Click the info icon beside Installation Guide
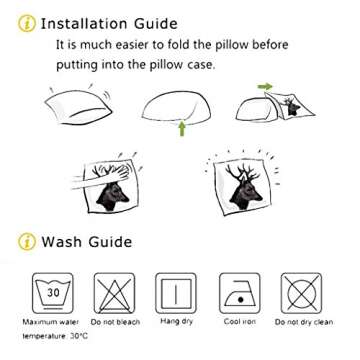click(26, 24)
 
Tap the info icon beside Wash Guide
click(27, 242)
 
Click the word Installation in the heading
click(83, 24)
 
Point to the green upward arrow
click(182, 128)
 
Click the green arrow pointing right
click(265, 87)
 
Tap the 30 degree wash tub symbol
click(53, 293)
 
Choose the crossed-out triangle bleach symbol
click(115, 293)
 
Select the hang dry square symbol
click(176, 293)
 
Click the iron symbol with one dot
click(240, 293)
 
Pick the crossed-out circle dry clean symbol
click(301, 293)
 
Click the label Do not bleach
click(115, 322)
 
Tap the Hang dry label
click(177, 321)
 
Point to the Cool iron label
click(240, 322)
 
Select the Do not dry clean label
click(304, 322)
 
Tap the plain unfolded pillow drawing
click(79, 106)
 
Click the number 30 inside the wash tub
click(53, 293)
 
